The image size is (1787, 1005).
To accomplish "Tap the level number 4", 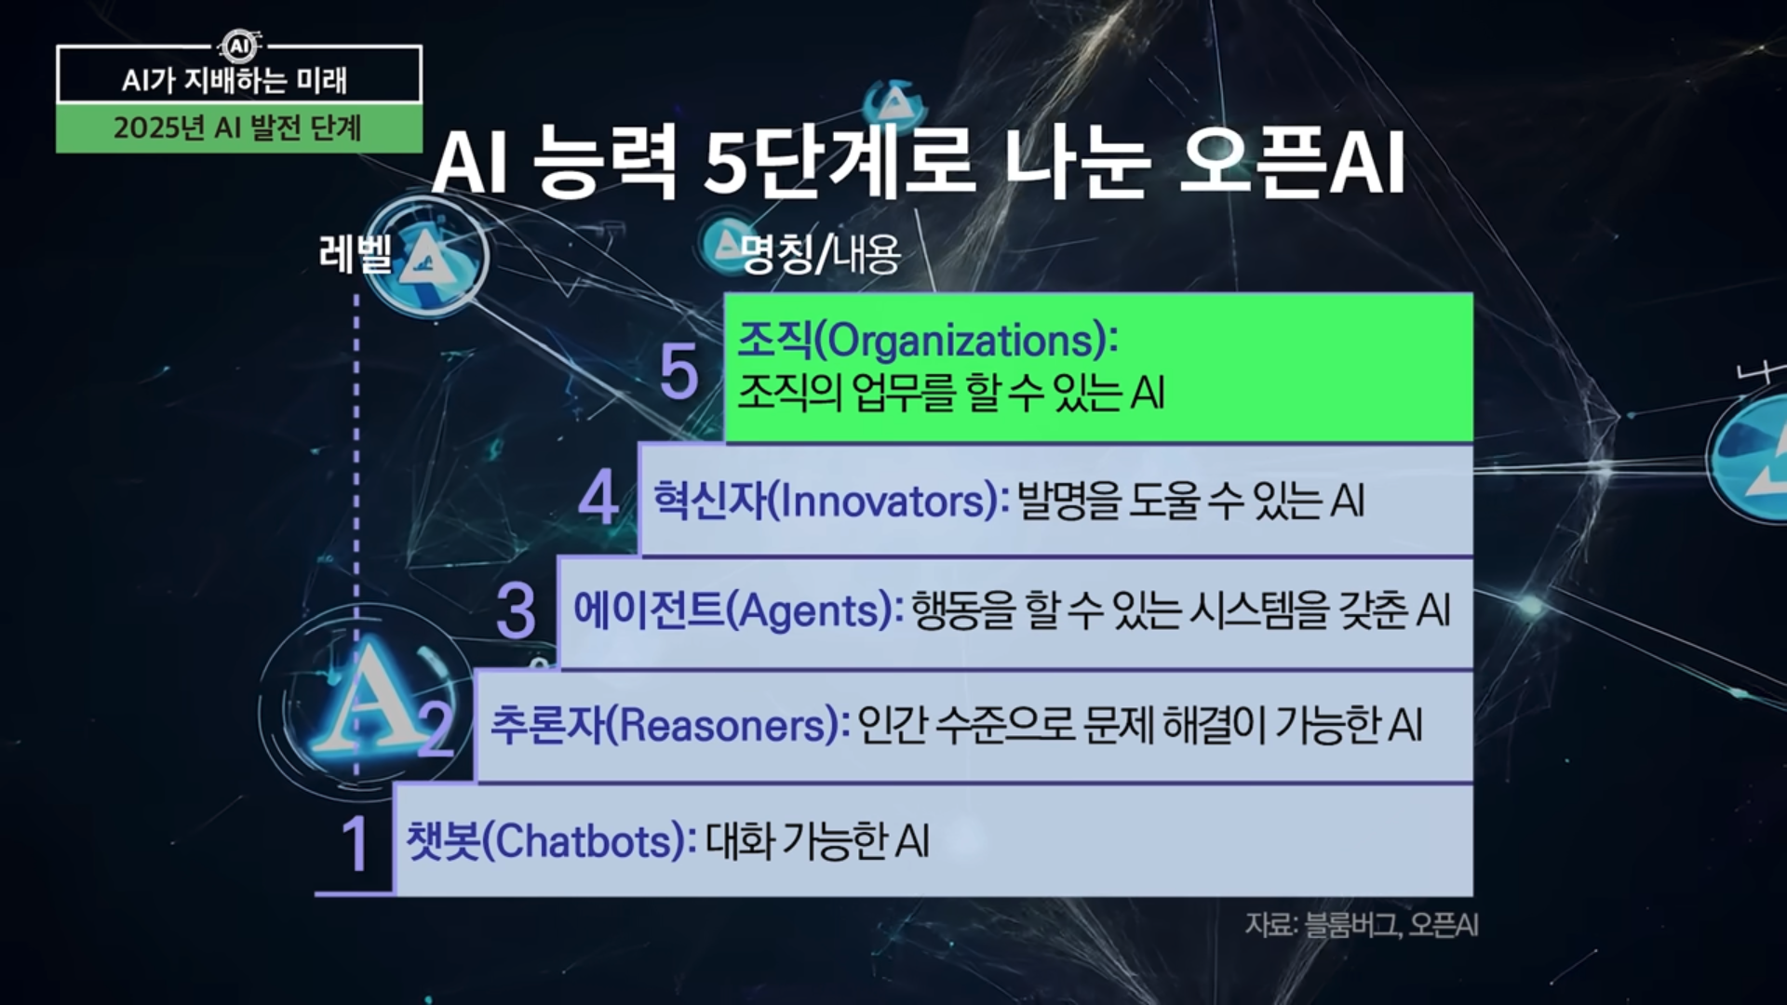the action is coord(598,498).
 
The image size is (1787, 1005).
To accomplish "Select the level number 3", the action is coord(516,611).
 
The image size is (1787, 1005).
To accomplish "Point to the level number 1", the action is coord(355,844).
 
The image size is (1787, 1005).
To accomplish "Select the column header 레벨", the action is coord(356,253).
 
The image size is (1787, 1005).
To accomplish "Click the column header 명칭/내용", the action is coord(821,254).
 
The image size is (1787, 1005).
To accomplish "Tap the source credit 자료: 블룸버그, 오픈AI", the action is coord(1362,925).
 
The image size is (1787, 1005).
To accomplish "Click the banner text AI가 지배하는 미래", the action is coord(235,81).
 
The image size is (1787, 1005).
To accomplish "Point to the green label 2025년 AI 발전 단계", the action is coord(237,127).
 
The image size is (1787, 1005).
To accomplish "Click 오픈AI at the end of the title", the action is coord(1291,164).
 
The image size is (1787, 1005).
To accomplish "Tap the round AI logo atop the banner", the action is coord(239,46).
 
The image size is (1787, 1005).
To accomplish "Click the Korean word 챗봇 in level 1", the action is coord(443,841).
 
